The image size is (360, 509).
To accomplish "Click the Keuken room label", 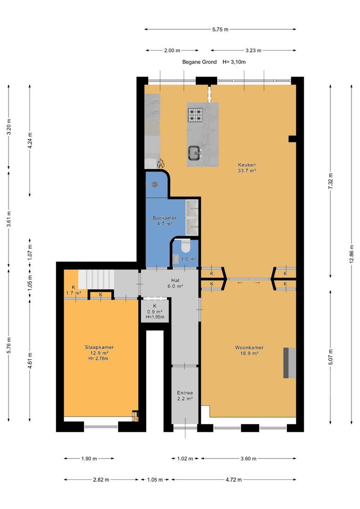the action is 247,165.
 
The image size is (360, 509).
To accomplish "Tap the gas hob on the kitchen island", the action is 195,115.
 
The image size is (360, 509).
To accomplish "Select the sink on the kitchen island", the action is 195,152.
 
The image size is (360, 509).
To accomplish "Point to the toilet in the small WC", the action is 185,246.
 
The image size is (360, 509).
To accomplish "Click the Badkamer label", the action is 164,218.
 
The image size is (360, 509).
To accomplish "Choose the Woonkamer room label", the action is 249,348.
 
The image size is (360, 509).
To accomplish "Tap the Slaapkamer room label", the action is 99,347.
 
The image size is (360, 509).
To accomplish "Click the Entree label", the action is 185,393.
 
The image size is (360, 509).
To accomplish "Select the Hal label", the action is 175,280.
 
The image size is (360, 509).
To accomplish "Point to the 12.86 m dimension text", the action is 351,254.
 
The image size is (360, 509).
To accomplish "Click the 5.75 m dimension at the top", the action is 220,30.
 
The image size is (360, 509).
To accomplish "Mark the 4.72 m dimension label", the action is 234,480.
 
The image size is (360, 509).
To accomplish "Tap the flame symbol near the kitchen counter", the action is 160,163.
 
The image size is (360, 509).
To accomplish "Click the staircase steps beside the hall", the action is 96,279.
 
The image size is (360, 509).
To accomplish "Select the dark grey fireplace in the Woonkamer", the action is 290,362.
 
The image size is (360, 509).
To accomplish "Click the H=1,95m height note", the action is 155,317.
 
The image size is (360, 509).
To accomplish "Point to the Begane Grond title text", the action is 199,62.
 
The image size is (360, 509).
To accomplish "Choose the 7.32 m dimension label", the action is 330,181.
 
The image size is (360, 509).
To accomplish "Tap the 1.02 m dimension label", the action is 185,459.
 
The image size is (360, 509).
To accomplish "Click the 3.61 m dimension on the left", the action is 9,220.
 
